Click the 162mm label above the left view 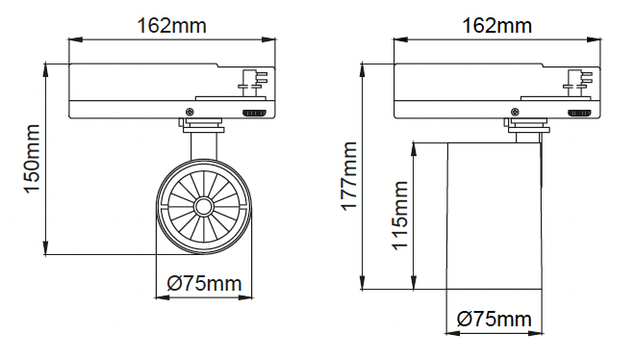[x=172, y=26]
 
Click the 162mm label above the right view [x=496, y=26]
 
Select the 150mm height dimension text [x=33, y=159]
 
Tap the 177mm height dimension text [x=349, y=176]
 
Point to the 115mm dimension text [x=400, y=216]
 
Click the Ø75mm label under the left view [x=205, y=283]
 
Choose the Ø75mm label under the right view [x=495, y=319]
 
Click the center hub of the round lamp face [x=203, y=207]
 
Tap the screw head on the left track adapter [x=190, y=112]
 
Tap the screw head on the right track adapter [x=515, y=112]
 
